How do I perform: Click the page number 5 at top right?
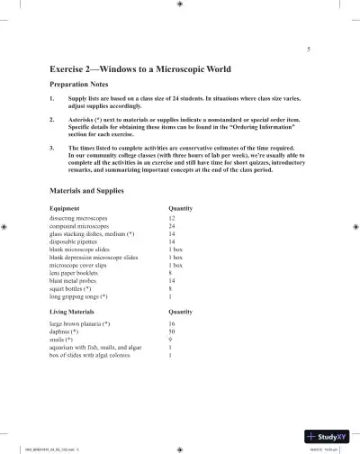click(309, 48)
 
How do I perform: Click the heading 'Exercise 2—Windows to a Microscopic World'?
click(141, 68)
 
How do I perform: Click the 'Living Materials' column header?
click(76, 311)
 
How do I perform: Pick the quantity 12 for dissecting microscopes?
click(172, 219)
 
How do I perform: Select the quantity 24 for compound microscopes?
click(172, 227)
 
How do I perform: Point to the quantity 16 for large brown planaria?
click(172, 322)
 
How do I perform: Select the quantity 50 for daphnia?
click(172, 331)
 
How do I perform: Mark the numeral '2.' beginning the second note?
click(53, 117)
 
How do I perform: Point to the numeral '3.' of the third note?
click(53, 143)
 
